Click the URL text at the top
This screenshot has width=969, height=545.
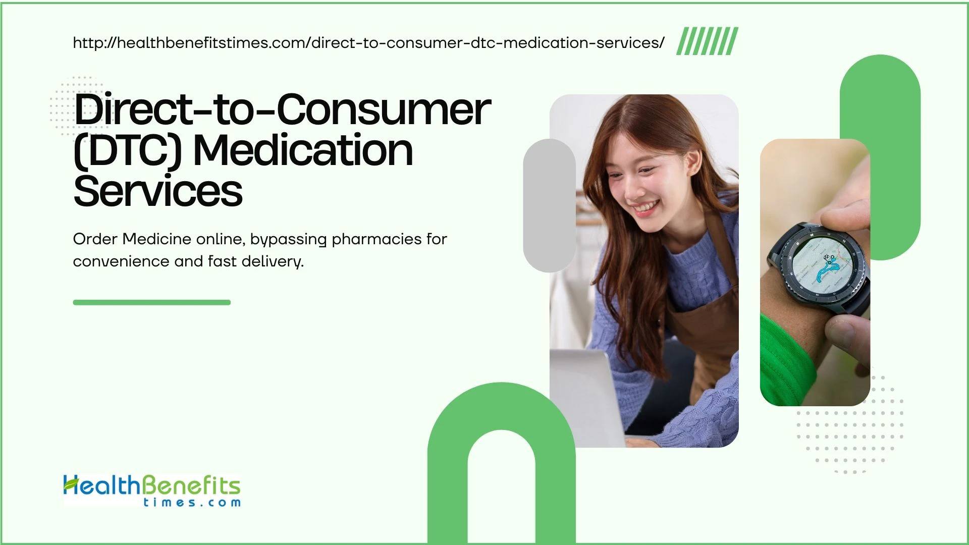coord(368,43)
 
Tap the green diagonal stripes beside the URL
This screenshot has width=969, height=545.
coord(707,41)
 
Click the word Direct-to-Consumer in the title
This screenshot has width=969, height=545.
coord(282,110)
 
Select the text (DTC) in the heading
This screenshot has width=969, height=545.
coord(128,151)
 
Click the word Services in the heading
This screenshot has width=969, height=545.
coord(158,191)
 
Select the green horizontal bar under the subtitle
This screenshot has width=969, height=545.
coord(151,302)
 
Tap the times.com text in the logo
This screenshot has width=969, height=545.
coord(192,503)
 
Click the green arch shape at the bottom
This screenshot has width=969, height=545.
coord(501,419)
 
